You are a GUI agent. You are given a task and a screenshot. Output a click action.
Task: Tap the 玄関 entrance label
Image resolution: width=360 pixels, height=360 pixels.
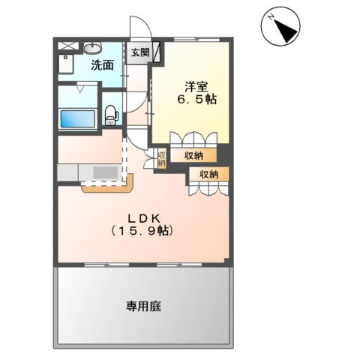[139, 53]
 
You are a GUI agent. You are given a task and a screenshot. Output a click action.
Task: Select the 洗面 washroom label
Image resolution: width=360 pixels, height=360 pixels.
[102, 65]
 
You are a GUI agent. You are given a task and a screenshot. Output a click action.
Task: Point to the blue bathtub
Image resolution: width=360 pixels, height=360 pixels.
[76, 119]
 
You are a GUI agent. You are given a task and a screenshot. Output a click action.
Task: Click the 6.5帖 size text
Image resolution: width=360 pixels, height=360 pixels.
[196, 99]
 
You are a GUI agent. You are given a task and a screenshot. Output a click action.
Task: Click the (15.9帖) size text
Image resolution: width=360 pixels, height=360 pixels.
[144, 231]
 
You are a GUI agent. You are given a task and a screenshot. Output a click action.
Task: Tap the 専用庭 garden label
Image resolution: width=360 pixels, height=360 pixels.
[144, 306]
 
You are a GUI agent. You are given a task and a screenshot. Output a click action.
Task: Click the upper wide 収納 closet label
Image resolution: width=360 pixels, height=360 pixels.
[193, 156]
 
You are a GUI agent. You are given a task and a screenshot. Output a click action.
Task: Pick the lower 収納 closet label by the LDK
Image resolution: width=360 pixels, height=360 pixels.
[208, 174]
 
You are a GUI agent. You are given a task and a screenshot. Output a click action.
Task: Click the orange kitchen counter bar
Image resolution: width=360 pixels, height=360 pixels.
[109, 185]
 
